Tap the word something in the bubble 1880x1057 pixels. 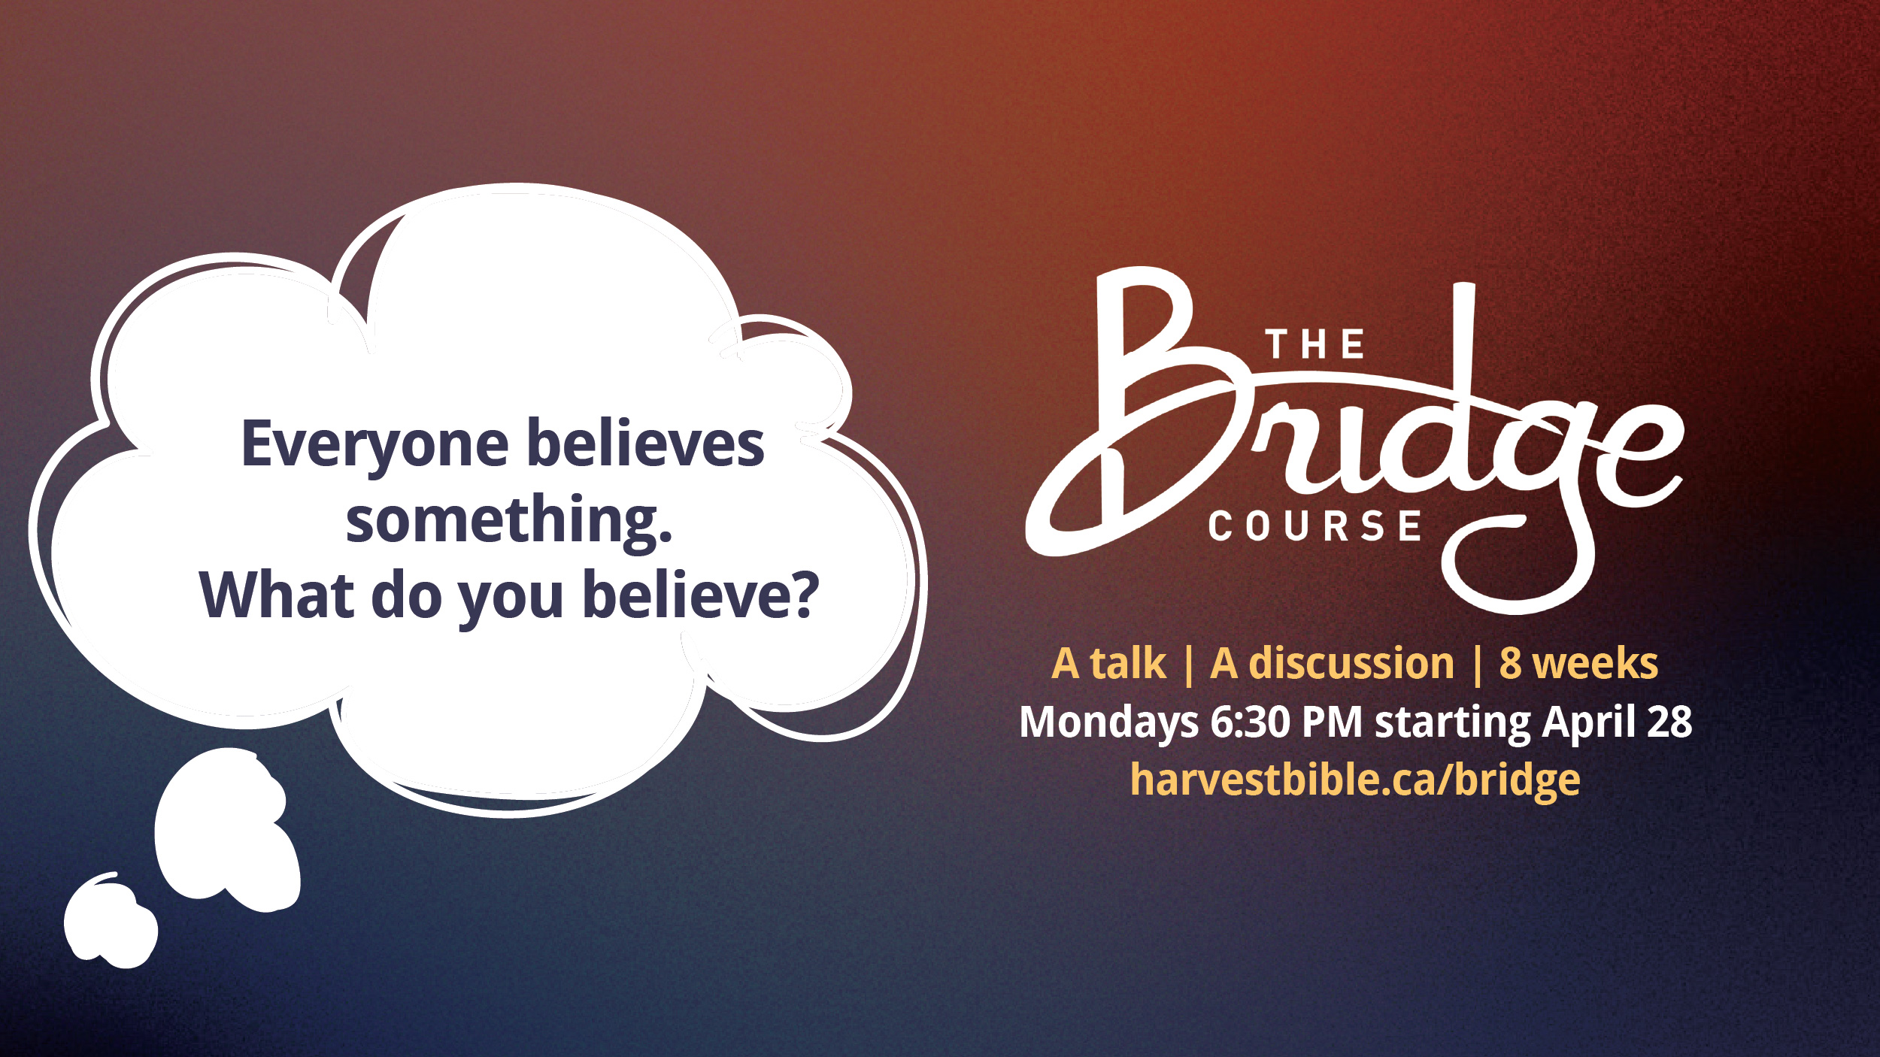(509, 522)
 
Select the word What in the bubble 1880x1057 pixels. (277, 595)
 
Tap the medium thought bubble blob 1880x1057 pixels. (227, 830)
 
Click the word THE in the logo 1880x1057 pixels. (1314, 345)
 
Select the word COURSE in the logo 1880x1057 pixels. (1314, 525)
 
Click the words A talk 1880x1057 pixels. (1108, 664)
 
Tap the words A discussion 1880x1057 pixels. (1332, 664)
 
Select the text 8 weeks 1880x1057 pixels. (1578, 664)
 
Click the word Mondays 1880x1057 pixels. (1108, 722)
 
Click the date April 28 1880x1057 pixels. (1618, 722)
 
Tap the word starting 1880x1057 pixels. (1453, 723)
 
